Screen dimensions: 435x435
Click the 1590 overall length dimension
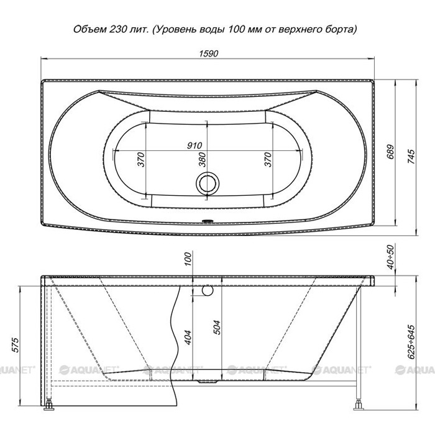208,53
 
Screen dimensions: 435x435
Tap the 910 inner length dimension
195,145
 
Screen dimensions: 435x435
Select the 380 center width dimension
203,159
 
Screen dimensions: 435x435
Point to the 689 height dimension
390,152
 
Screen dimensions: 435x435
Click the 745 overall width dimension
411,157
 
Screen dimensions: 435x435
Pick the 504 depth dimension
217,327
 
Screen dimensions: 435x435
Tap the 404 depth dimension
188,337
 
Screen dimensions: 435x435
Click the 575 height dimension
16,345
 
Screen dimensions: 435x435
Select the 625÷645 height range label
411,342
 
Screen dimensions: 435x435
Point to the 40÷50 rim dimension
391,257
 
